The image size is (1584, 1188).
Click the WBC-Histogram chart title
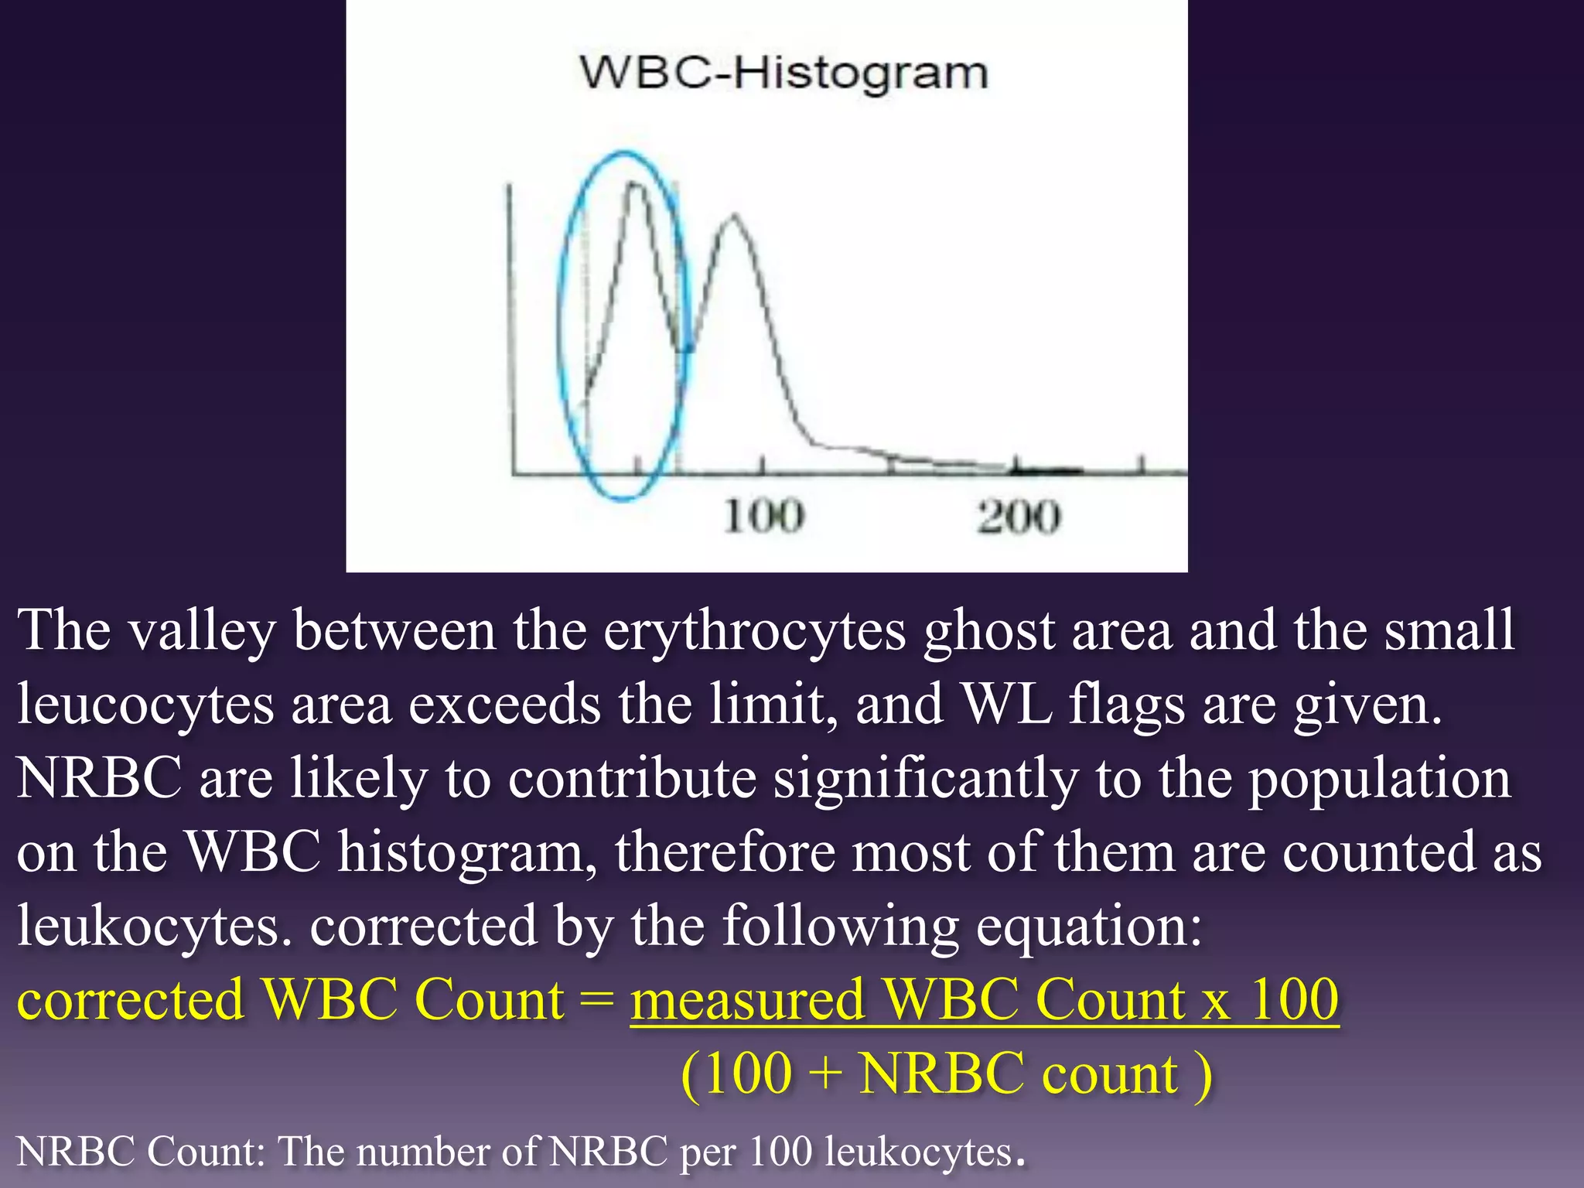coord(783,73)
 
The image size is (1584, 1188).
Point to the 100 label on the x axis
coord(763,517)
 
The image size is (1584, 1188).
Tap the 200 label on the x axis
coord(1018,517)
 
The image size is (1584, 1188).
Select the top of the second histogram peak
coord(732,217)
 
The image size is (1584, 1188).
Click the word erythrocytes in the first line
coord(754,630)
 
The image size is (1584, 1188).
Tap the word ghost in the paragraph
coord(989,630)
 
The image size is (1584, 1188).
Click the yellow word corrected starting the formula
coord(130,999)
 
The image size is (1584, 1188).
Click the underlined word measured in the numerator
coord(747,999)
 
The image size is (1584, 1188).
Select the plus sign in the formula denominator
coord(825,1074)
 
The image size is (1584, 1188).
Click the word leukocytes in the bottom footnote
coord(919,1151)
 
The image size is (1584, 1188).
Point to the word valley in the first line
coord(203,630)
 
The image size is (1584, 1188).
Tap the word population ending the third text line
coord(1380,777)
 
